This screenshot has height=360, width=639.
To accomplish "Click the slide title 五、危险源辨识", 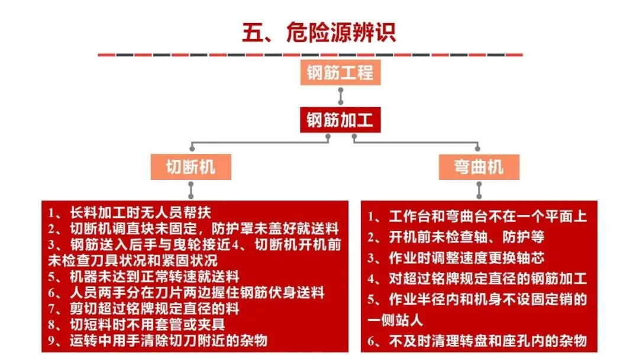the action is (319, 32).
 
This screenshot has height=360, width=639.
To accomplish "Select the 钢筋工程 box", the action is (340, 73).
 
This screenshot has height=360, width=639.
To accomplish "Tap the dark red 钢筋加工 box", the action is (340, 121).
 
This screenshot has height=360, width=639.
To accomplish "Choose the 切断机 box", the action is (191, 167).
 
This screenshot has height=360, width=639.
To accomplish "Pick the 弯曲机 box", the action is (479, 167).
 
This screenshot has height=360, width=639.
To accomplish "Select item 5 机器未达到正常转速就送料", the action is (148, 276).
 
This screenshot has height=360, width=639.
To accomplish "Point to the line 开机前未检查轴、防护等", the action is (461, 237).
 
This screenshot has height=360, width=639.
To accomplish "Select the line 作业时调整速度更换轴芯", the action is (461, 258).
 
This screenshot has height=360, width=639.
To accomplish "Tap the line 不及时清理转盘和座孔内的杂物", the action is (482, 341).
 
